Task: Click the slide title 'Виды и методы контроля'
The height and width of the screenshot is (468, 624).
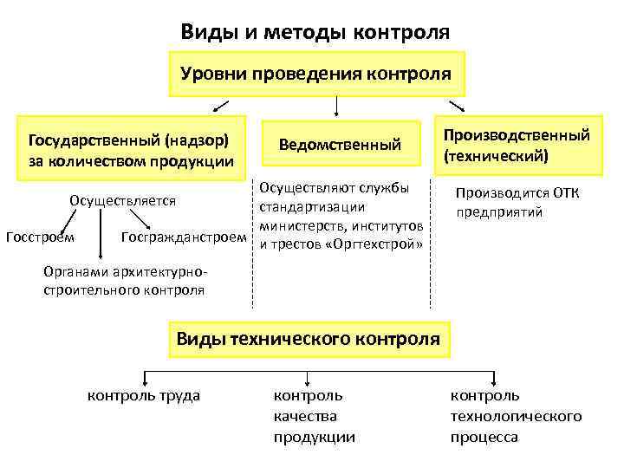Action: (315, 32)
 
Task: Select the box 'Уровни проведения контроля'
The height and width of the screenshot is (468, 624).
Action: (315, 73)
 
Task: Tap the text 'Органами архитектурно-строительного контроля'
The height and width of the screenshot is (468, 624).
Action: (124, 281)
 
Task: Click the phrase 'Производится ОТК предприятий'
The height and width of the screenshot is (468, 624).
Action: (517, 202)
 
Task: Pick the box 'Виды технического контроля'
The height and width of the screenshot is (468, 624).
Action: (308, 337)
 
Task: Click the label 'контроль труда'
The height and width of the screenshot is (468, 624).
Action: (144, 395)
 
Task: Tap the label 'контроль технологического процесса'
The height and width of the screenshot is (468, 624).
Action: (515, 416)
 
